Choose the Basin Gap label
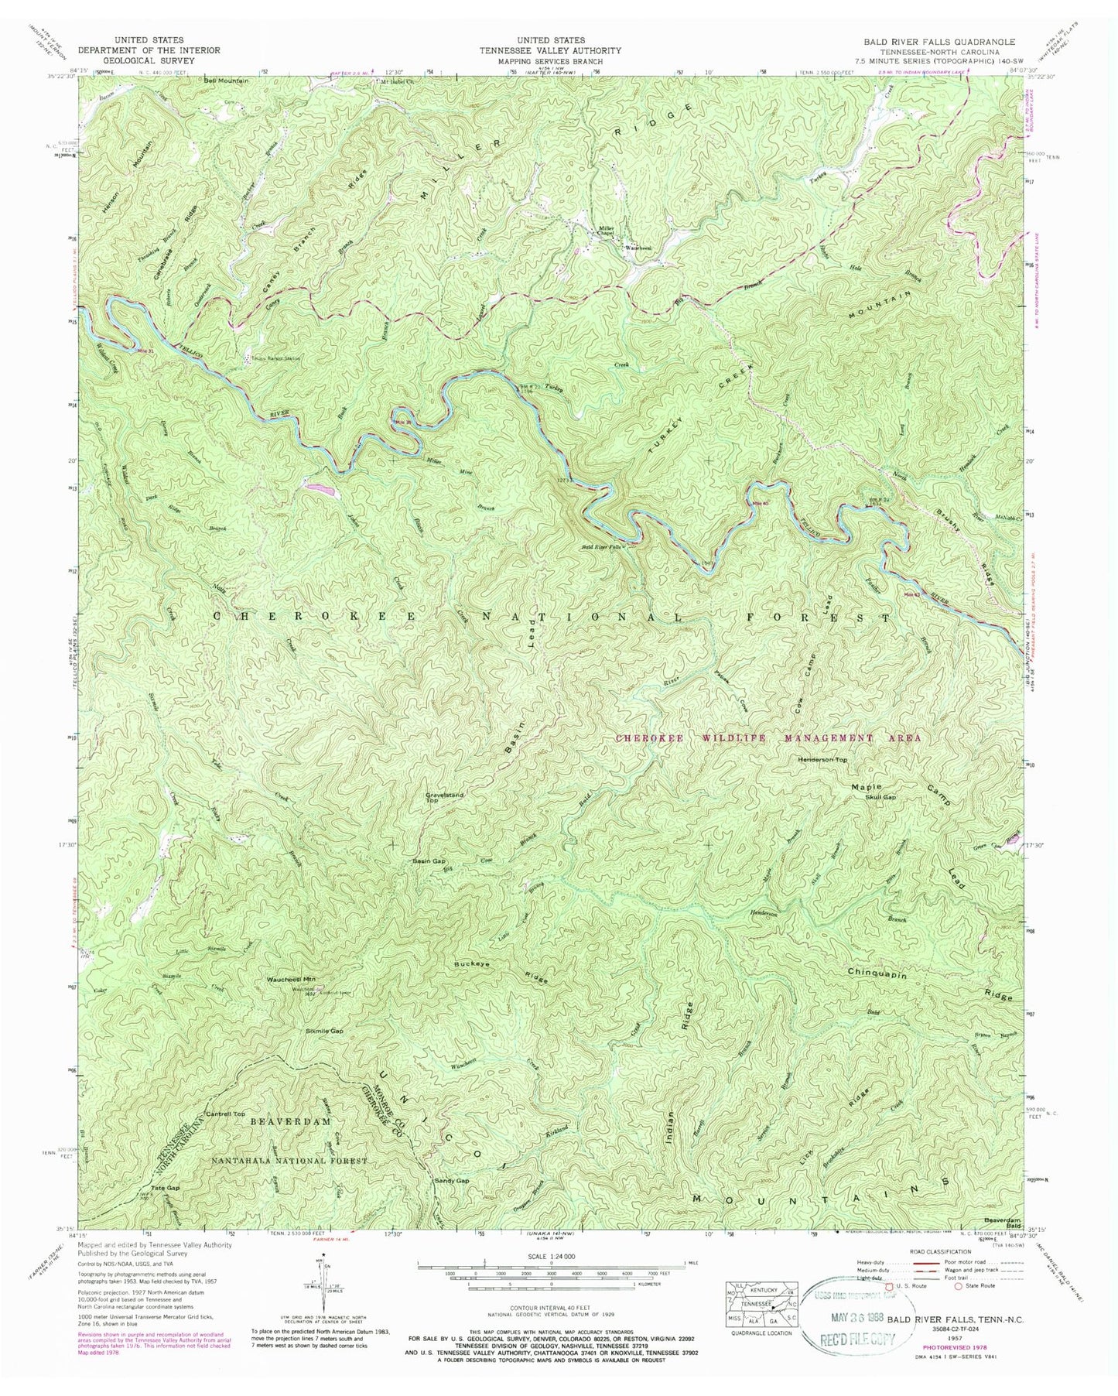coord(429,861)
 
